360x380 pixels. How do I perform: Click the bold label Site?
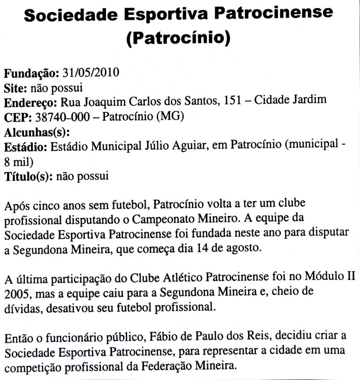tap(16, 88)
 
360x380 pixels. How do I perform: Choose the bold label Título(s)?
tap(28, 176)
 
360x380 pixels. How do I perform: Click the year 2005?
tap(15, 293)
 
